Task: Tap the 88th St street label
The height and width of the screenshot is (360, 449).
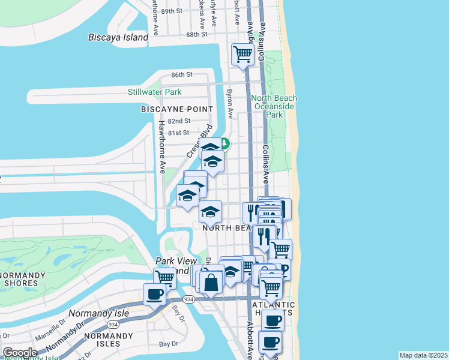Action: click(x=196, y=35)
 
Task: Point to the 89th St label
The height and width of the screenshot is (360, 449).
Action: click(x=171, y=11)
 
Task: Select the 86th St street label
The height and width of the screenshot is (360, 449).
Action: click(x=181, y=75)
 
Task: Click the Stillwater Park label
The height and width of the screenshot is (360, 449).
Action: click(x=154, y=92)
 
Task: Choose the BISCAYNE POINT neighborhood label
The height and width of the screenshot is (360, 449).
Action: click(x=176, y=109)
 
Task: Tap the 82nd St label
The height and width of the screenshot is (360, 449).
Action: click(x=179, y=121)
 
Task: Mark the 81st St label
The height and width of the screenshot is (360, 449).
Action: click(x=178, y=133)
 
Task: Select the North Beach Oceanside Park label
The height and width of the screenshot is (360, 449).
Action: click(x=274, y=106)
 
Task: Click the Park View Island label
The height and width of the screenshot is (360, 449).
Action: click(x=173, y=265)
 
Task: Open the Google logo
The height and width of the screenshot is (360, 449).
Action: click(x=20, y=353)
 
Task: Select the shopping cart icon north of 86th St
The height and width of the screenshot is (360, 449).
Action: click(x=243, y=55)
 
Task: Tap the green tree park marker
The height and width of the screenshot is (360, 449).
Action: click(x=224, y=143)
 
